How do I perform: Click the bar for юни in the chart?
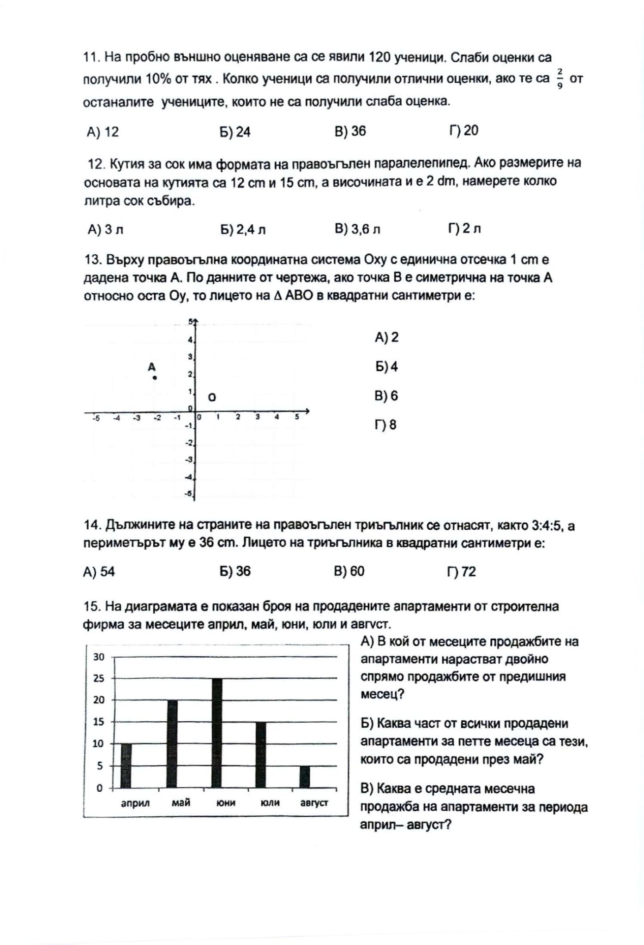pyautogui.click(x=217, y=733)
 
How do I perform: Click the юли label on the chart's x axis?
pyautogui.click(x=270, y=803)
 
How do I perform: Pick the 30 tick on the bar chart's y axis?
pyautogui.click(x=99, y=657)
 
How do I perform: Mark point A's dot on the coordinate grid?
pyautogui.click(x=155, y=378)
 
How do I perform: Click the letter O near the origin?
pyautogui.click(x=212, y=397)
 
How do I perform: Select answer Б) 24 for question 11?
pyautogui.click(x=235, y=132)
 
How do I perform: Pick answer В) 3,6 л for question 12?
pyautogui.click(x=357, y=229)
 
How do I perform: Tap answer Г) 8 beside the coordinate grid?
pyautogui.click(x=386, y=425)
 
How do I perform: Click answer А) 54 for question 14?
pyautogui.click(x=99, y=572)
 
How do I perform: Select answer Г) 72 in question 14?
pyautogui.click(x=461, y=572)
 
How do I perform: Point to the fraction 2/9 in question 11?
pyautogui.click(x=560, y=78)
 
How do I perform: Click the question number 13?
pyautogui.click(x=92, y=260)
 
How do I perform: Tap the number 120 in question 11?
pyautogui.click(x=381, y=57)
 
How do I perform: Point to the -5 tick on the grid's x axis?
pyautogui.click(x=96, y=418)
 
